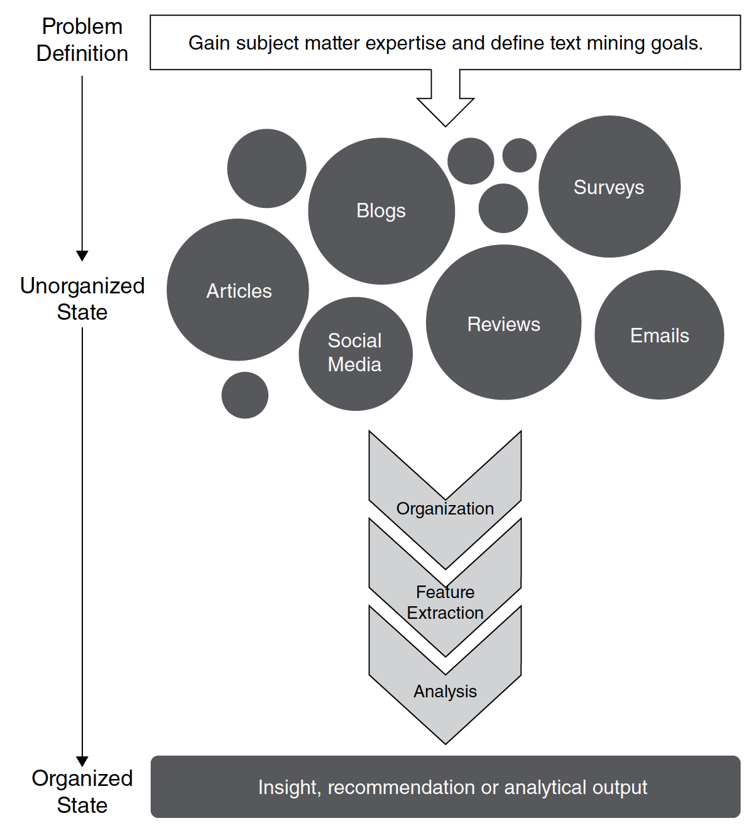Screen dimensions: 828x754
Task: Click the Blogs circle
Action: [x=381, y=211]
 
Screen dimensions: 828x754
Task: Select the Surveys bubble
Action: [x=609, y=187]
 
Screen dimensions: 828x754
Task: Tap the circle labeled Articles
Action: [x=238, y=290]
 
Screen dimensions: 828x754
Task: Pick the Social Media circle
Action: [x=355, y=353]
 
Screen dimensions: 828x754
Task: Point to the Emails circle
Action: [x=659, y=335]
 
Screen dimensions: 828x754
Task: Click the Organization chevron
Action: [x=445, y=509]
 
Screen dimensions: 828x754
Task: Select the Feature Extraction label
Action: [x=445, y=602]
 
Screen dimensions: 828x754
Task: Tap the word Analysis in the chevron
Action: [x=445, y=691]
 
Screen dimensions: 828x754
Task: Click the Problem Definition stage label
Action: [x=82, y=40]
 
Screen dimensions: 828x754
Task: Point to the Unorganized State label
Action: [x=82, y=298]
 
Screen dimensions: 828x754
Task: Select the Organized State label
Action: [x=82, y=792]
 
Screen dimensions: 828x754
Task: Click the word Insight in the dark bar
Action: [x=290, y=787]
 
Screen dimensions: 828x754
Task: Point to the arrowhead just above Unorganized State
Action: [x=82, y=256]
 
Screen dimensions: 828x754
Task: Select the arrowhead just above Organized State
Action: [x=82, y=761]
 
